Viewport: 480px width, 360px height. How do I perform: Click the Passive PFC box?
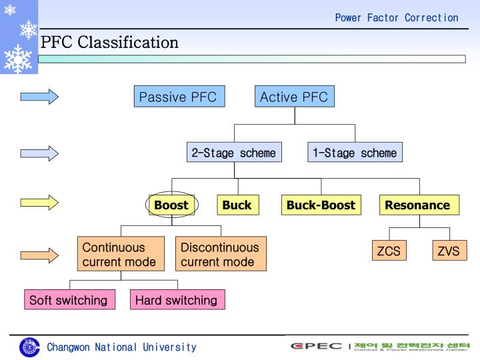coord(178,97)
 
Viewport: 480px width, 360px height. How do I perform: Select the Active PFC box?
coord(294,97)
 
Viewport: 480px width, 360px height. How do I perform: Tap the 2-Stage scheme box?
coord(233,153)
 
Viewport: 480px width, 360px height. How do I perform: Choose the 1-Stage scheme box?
coord(355,153)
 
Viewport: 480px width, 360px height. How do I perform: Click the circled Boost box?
coord(171,205)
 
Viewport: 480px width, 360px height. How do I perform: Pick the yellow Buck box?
coord(237,205)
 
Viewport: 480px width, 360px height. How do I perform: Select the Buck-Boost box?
coord(321,205)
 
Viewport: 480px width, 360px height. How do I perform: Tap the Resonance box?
coord(418,205)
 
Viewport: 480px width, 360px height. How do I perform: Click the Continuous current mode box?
coord(120,254)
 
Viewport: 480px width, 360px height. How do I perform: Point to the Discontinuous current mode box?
coord(221,254)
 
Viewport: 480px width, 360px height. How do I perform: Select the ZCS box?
coord(389,251)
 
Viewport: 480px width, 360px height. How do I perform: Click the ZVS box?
coord(449,251)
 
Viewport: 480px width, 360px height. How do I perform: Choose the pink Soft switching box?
coord(69,300)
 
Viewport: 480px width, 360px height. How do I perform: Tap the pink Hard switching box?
coord(177,300)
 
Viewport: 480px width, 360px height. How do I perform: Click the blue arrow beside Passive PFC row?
coord(39,97)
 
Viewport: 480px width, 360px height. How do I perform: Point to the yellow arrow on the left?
coord(39,202)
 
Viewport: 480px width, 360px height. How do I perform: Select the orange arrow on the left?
coord(39,254)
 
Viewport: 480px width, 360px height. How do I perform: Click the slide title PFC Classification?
coord(110,43)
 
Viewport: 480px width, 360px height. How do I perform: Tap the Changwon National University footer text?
coord(121,347)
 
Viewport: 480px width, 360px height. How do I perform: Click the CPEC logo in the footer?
coord(316,346)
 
